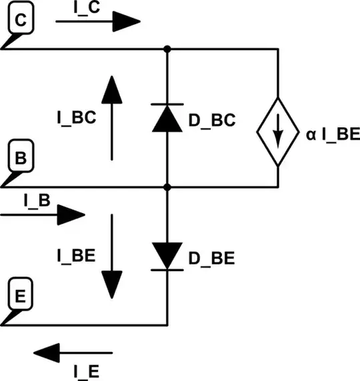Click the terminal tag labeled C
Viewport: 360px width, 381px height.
coord(21,21)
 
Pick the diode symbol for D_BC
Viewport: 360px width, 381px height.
coord(167,118)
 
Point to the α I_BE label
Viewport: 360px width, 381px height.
coord(333,135)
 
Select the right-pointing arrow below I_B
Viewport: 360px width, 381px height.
coord(43,215)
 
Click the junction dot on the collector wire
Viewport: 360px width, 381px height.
coord(167,49)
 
